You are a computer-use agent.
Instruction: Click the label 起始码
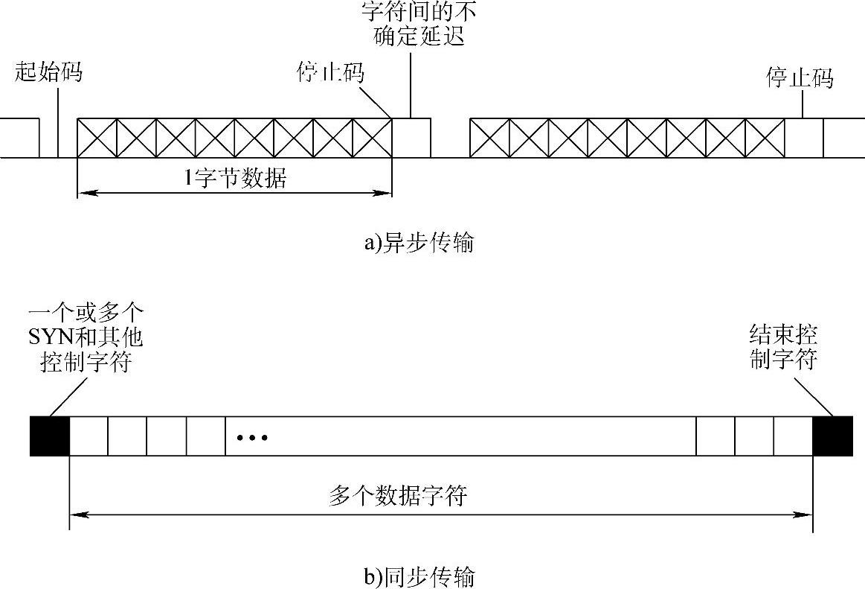pos(48,73)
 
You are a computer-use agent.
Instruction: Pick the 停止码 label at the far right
pos(800,78)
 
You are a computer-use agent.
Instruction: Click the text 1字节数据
pos(235,179)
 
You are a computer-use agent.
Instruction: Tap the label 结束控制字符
pos(784,347)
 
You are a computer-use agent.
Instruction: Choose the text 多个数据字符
pos(397,496)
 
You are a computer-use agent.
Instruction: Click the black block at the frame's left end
pos(49,436)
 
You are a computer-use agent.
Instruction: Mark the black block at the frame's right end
pos(832,436)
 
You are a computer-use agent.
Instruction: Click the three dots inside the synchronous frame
pos(251,437)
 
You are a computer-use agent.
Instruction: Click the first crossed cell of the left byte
pos(97,138)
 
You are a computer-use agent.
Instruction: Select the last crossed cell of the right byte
pos(765,138)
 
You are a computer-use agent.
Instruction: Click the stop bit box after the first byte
pos(411,138)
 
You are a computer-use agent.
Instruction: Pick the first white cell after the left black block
pos(89,436)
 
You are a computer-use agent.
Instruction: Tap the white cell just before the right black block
pos(793,436)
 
